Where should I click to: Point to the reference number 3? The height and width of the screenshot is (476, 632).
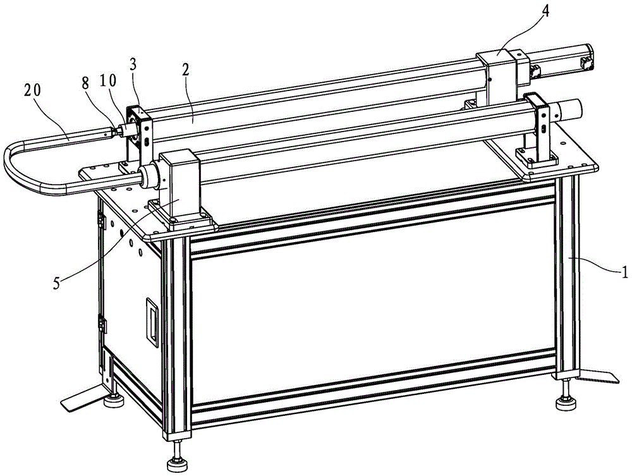133,64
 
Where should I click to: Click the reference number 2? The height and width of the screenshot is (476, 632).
185,70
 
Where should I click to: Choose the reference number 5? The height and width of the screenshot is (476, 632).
57,283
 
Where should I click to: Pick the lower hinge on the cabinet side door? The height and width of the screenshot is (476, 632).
102,324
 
